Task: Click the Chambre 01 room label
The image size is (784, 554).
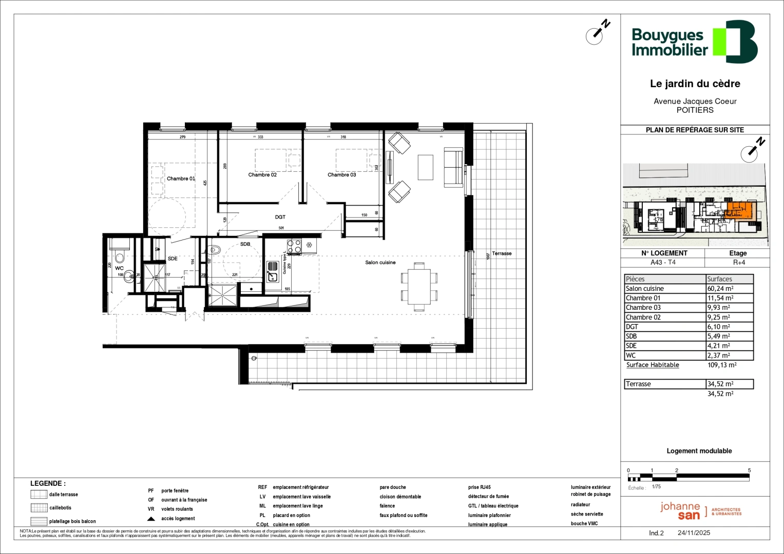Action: click(x=181, y=179)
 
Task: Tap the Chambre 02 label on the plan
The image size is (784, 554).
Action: click(x=262, y=175)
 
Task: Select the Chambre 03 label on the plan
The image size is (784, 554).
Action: click(x=341, y=175)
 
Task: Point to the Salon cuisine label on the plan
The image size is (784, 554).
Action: click(x=380, y=263)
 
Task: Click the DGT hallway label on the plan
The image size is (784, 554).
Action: click(x=280, y=217)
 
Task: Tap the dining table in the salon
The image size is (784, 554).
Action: click(x=419, y=287)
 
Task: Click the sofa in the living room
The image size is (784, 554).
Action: click(x=453, y=167)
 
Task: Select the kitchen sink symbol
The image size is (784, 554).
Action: click(x=273, y=271)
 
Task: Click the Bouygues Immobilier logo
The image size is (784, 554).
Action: click(x=694, y=42)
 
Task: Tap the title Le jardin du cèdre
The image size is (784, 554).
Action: click(x=695, y=84)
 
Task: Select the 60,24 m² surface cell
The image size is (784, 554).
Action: click(x=720, y=289)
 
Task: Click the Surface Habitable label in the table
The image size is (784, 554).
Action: click(x=653, y=365)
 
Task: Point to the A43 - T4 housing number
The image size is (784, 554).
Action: click(x=663, y=262)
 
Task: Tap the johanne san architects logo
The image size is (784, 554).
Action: click(x=700, y=510)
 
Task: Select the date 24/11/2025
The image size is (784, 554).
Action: click(x=694, y=533)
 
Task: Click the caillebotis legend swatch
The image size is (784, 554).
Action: click(x=39, y=508)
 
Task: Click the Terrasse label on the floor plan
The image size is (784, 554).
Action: click(x=502, y=253)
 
